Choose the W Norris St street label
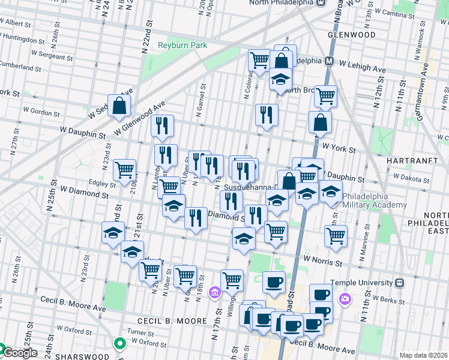pos(322,260)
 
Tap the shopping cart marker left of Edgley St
pos(124,170)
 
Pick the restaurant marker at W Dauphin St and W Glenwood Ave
pos(162,126)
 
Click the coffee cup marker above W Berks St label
pos(321,295)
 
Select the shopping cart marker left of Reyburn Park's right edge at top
pos(260,60)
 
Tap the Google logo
pos(19,353)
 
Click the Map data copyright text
pos(424,355)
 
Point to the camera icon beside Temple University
pos(345,299)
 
